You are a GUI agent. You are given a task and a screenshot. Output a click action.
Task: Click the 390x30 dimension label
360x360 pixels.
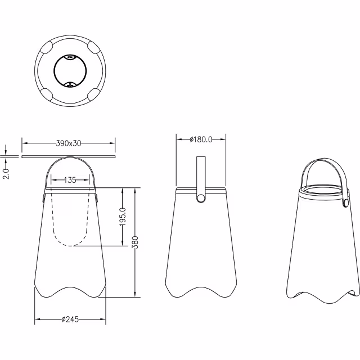[x=69, y=143]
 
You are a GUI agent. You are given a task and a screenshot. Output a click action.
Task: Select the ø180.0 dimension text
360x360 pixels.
[x=201, y=139]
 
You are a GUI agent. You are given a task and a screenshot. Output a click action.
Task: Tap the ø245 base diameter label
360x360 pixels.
[x=70, y=319]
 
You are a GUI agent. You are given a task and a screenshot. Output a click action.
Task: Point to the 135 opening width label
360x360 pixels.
[x=70, y=180]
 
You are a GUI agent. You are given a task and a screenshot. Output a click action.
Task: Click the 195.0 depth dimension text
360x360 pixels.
[x=123, y=217]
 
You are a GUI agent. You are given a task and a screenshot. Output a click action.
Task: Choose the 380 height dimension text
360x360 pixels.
[x=136, y=242]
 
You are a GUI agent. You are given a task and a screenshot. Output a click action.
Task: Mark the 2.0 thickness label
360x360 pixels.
[x=6, y=174]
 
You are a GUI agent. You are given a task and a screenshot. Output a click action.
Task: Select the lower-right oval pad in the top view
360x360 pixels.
[x=93, y=94]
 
